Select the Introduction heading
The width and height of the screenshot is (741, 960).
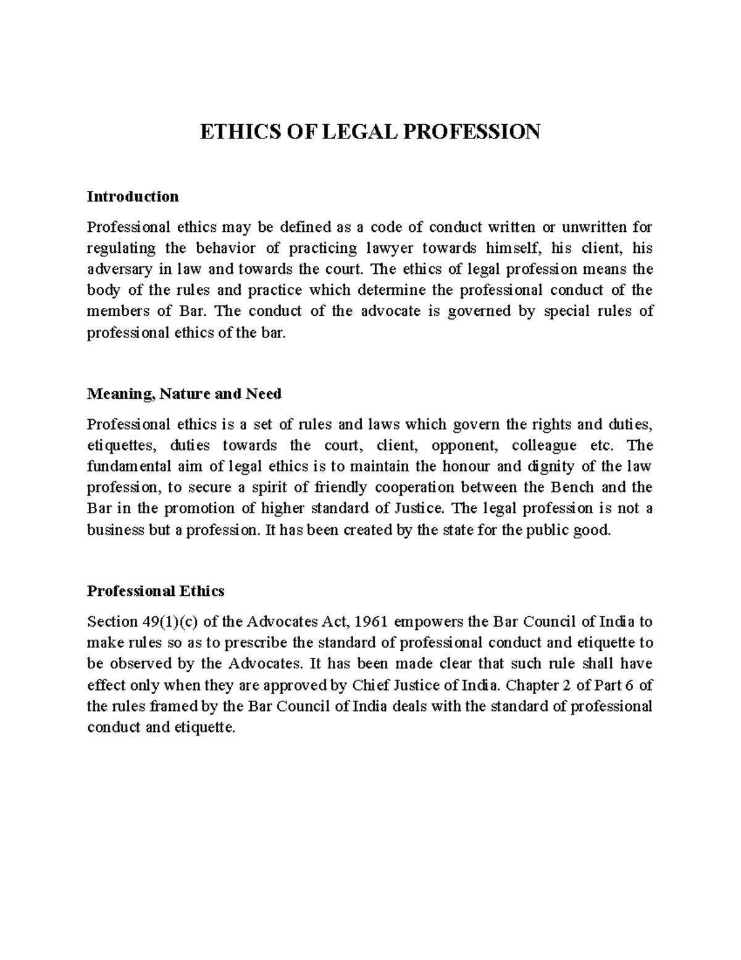(x=133, y=197)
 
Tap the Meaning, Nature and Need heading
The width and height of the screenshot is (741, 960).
(x=184, y=394)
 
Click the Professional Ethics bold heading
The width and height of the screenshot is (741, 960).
(x=156, y=591)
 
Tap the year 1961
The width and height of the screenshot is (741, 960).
(x=372, y=621)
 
